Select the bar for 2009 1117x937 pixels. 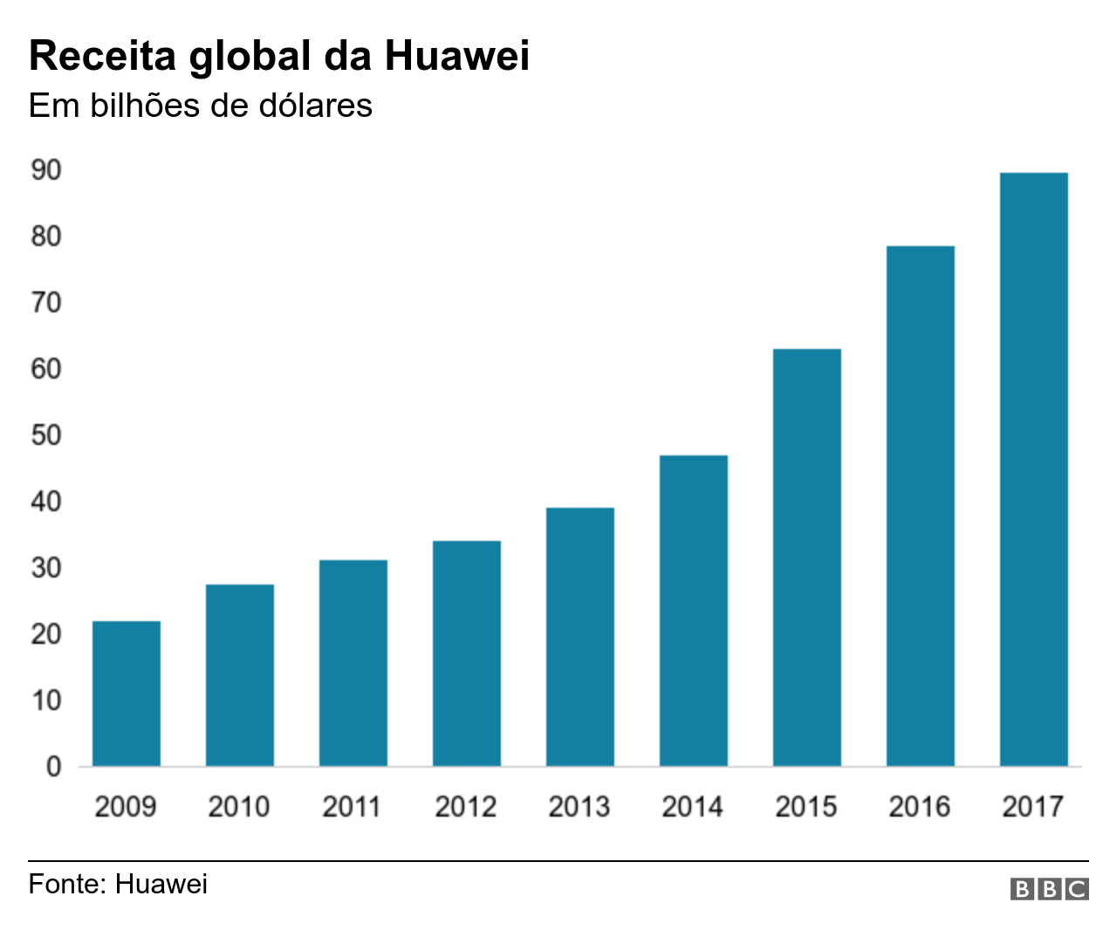point(127,694)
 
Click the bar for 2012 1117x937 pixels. point(467,653)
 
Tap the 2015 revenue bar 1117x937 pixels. point(807,557)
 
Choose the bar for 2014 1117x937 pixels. point(694,611)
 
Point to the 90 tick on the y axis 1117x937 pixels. point(46,170)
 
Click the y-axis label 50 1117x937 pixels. point(46,435)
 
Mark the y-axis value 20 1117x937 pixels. point(46,634)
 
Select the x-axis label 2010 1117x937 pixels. point(239,806)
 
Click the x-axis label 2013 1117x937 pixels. point(579,806)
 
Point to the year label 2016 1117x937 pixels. point(920,806)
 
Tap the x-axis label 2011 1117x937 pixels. point(352,806)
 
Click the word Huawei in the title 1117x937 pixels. point(456,56)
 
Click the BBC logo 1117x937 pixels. point(1049,889)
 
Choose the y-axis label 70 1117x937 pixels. point(46,303)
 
